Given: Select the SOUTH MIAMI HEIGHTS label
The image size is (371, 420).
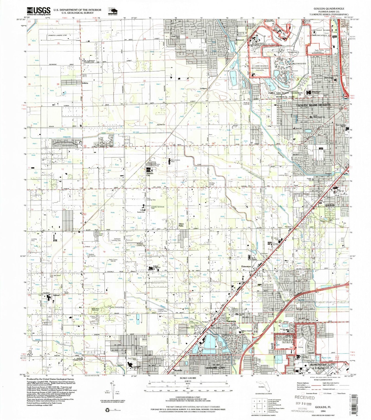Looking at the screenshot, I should (314, 105).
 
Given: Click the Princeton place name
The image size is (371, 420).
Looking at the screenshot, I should (246, 266).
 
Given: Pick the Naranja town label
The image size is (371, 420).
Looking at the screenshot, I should (231, 321).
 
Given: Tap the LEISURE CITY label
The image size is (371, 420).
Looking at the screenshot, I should (215, 368).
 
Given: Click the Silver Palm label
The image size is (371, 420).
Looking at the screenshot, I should (181, 225).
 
